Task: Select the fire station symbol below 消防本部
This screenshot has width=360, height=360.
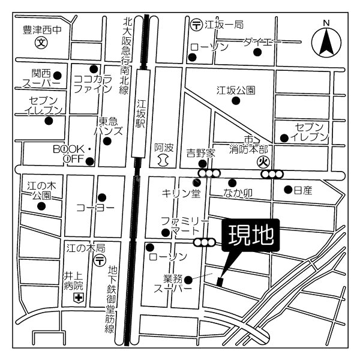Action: click(262, 161)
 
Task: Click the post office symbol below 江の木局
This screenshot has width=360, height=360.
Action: click(100, 260)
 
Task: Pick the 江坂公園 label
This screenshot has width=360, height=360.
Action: click(236, 91)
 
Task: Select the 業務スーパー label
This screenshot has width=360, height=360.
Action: click(177, 283)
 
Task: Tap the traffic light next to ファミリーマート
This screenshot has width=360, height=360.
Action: click(204, 242)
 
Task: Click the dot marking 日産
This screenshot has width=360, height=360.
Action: click(286, 190)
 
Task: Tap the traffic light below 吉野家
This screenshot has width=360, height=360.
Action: click(208, 173)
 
